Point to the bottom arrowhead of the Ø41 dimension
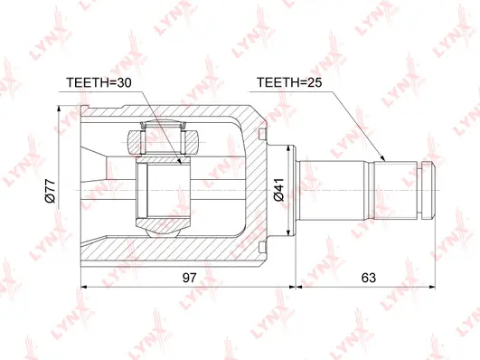[x=291, y=238]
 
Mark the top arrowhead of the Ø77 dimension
[x=61, y=109]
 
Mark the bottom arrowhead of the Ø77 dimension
[x=61, y=269]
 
